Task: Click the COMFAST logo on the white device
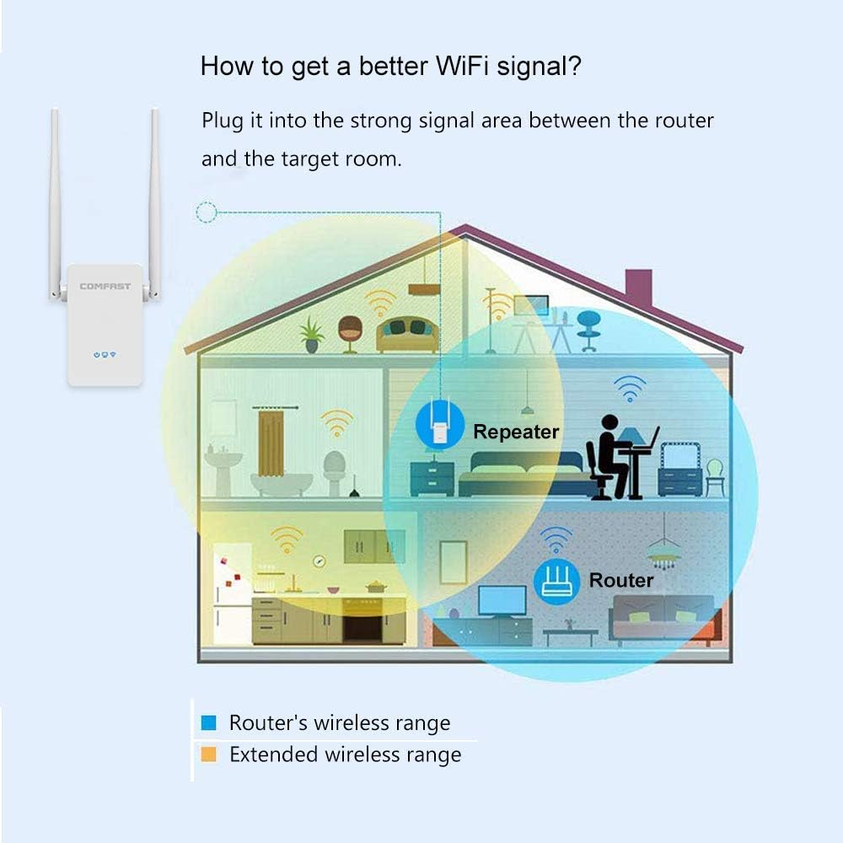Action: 105,287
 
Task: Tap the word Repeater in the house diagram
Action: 516,432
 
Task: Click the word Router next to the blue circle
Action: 621,580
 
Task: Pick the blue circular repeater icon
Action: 439,424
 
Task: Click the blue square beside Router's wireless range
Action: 209,723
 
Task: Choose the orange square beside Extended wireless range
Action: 209,754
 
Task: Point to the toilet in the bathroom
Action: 335,472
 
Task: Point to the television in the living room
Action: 502,601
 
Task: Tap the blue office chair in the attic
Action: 588,328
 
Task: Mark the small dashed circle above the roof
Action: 206,212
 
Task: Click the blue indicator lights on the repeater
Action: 105,354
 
